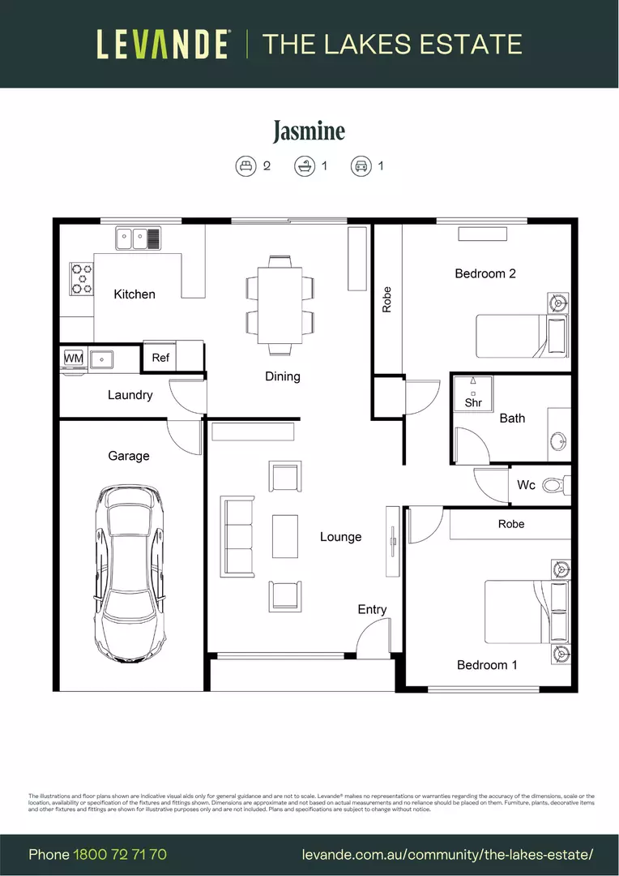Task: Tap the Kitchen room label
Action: click(x=134, y=294)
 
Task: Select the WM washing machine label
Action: click(x=74, y=358)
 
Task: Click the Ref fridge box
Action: click(x=160, y=357)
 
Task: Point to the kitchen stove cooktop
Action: click(x=81, y=277)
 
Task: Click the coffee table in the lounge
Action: click(x=285, y=536)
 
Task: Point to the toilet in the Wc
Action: click(x=553, y=485)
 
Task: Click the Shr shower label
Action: click(x=473, y=402)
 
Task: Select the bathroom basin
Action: click(x=558, y=441)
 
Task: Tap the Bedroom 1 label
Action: click(x=487, y=665)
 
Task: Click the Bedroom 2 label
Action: click(x=485, y=273)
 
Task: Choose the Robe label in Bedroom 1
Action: click(x=510, y=524)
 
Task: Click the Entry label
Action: click(x=372, y=609)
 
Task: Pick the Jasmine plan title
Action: click(x=309, y=131)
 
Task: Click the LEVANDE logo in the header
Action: click(x=163, y=44)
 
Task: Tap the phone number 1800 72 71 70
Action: click(x=120, y=855)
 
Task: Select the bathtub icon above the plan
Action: click(x=304, y=166)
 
